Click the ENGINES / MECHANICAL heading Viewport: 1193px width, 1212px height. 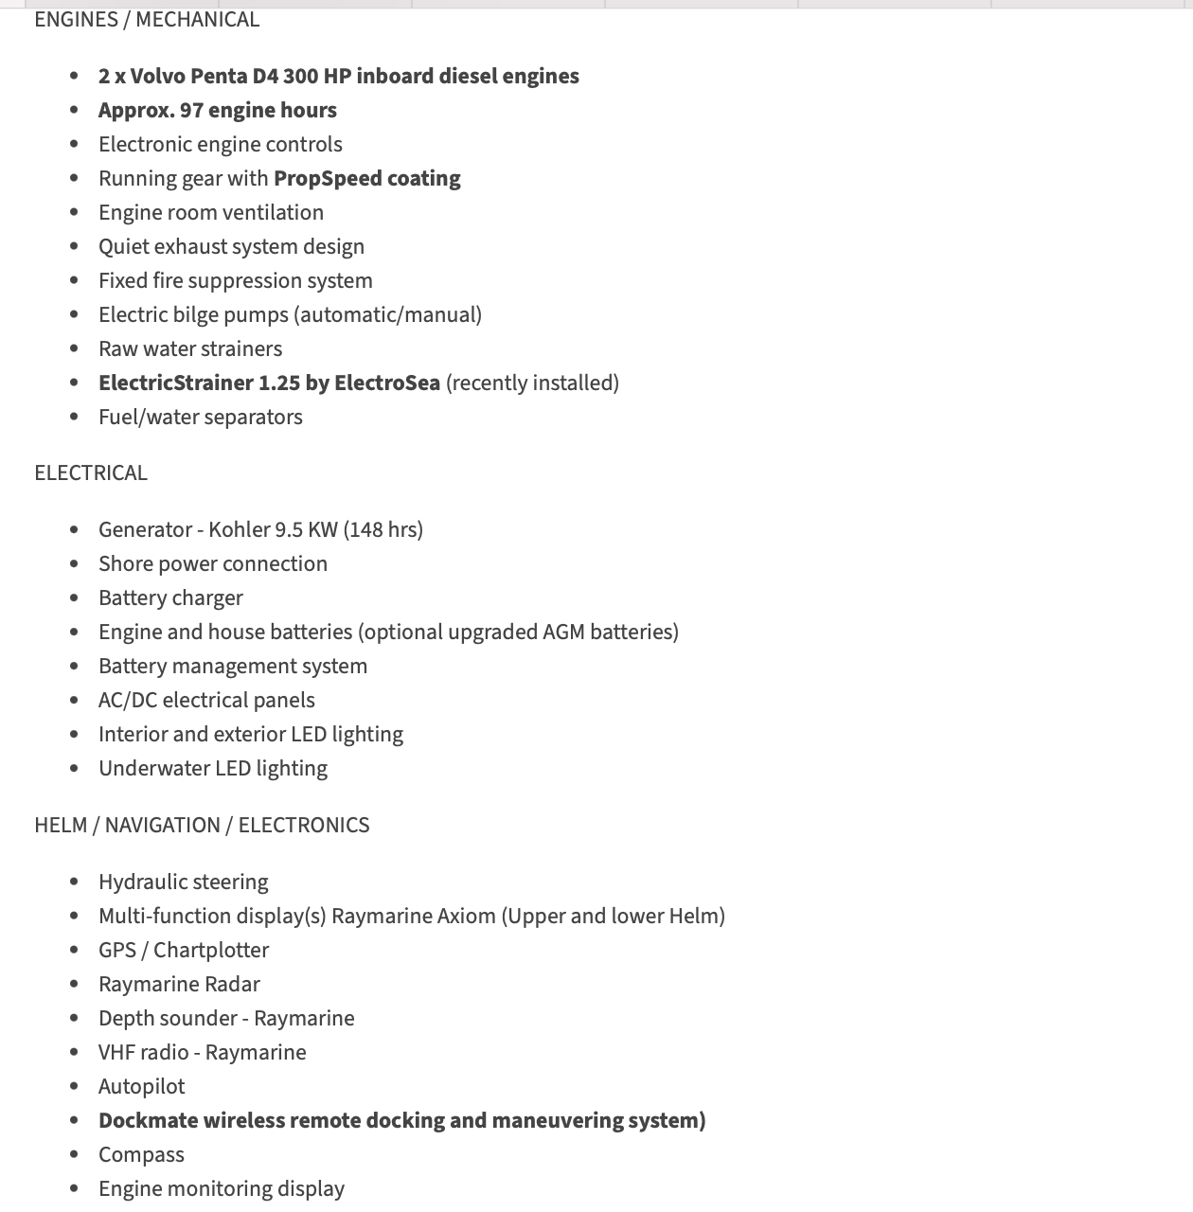pos(147,20)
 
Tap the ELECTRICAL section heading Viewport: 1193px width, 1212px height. pos(91,473)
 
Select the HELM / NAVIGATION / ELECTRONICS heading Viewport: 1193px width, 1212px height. pos(202,826)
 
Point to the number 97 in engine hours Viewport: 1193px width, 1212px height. pos(191,111)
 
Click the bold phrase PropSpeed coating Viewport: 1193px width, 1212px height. pos(366,179)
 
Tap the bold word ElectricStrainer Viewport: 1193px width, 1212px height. pos(175,383)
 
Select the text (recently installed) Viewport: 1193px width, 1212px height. pos(532,383)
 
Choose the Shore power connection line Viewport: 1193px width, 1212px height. pos(213,564)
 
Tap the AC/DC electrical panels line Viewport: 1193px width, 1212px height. pos(206,701)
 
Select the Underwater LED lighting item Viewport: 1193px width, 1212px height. pos(213,769)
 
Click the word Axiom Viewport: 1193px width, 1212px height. pos(467,917)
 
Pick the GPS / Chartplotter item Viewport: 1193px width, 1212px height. pos(184,951)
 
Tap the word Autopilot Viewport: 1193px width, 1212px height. pos(142,1087)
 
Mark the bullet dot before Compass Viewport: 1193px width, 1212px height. pos(75,1155)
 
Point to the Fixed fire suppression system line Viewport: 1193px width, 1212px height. pos(236,281)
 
